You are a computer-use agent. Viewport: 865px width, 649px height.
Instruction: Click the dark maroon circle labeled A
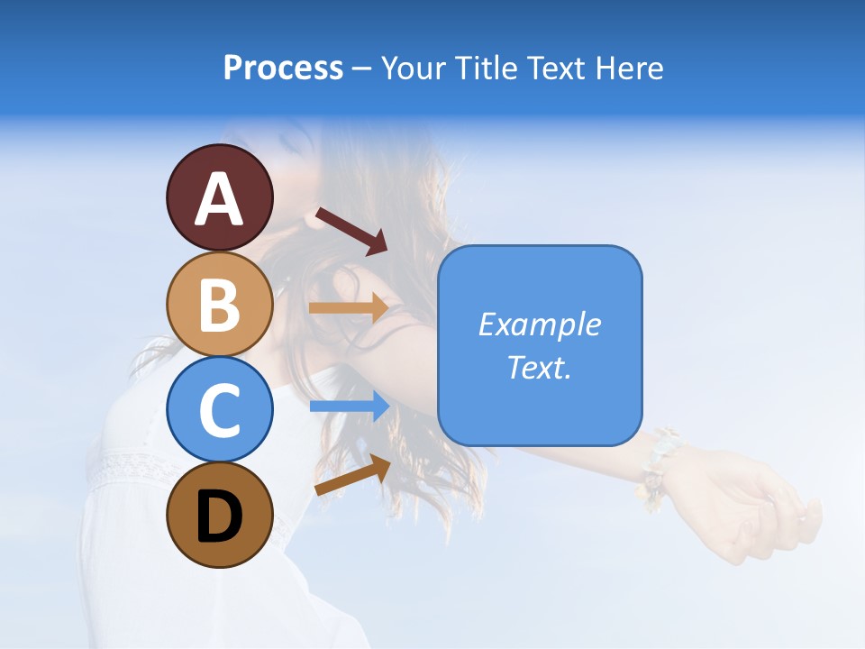(x=219, y=197)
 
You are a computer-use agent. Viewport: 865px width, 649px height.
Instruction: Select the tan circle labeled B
(x=219, y=304)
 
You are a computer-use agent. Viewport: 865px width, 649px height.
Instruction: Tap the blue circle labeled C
(x=219, y=409)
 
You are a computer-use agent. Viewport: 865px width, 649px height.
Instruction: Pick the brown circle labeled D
(x=219, y=515)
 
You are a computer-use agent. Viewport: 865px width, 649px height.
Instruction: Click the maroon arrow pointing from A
(x=351, y=231)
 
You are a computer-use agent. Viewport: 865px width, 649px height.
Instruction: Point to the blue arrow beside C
(x=349, y=407)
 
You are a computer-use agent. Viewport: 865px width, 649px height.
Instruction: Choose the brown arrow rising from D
(x=352, y=476)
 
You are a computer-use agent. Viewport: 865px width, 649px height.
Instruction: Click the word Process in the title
(x=283, y=68)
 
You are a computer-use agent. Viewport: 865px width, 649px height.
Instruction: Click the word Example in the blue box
(x=539, y=324)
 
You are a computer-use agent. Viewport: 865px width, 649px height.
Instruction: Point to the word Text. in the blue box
(x=539, y=367)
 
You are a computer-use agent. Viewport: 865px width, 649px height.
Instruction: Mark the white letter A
(x=219, y=199)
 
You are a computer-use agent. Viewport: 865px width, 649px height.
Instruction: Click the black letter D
(x=219, y=516)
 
